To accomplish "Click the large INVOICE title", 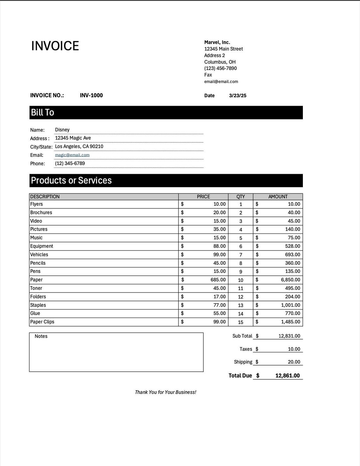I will click(55, 46).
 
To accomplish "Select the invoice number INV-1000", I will click(91, 95).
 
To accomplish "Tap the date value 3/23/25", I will click(237, 96).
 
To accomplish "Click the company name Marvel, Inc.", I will click(217, 42).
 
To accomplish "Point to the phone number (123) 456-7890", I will click(220, 68).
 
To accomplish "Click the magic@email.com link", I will click(72, 155).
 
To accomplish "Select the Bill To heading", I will click(42, 113).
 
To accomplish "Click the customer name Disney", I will click(62, 130).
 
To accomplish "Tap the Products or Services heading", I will click(71, 180).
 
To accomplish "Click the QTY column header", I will click(240, 197).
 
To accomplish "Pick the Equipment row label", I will click(42, 246).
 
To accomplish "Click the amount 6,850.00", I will click(290, 280).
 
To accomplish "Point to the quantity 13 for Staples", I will click(240, 305).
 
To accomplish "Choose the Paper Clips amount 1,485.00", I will click(290, 322).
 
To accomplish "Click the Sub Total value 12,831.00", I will click(289, 336).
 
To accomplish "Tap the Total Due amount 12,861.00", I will click(287, 375).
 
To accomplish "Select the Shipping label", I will click(243, 362).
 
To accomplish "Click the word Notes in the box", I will click(41, 336).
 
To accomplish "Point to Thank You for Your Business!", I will click(165, 392).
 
